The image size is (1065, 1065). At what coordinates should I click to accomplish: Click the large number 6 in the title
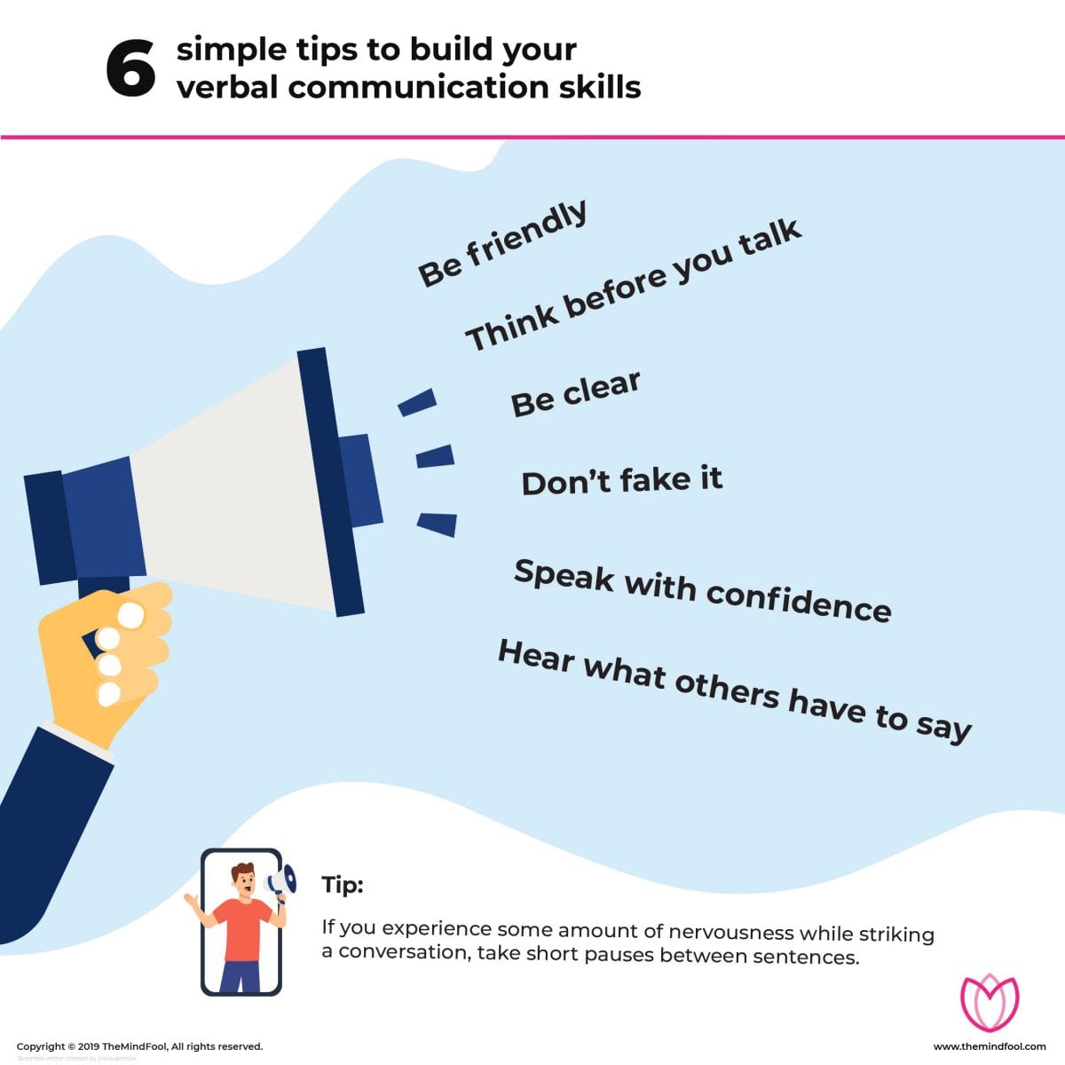tap(130, 69)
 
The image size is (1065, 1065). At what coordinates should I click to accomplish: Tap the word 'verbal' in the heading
tap(226, 87)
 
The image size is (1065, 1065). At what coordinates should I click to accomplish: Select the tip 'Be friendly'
tap(502, 243)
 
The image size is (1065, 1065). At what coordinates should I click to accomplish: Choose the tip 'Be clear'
tap(575, 393)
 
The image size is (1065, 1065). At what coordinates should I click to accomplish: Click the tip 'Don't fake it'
tap(621, 481)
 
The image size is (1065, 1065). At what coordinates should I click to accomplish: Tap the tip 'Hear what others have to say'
tap(734, 690)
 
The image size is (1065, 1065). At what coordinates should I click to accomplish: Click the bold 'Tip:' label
tap(343, 885)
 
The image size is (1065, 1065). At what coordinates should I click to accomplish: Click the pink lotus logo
tap(990, 1002)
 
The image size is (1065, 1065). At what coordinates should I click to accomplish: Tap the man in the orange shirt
tap(240, 923)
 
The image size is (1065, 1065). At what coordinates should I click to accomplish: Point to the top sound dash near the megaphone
tap(417, 402)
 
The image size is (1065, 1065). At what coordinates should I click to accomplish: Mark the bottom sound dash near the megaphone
tap(437, 523)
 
